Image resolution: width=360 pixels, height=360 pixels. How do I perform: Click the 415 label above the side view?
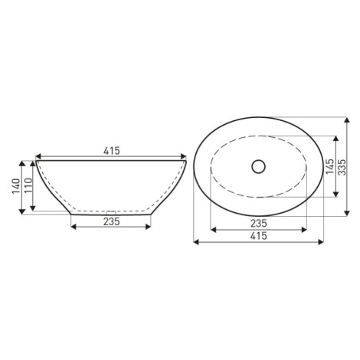coord(112,151)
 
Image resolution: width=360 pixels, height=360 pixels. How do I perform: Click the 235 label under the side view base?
coord(112,221)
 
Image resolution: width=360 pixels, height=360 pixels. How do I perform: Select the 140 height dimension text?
coord(16,186)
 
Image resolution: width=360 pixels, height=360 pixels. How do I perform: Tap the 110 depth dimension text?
coord(28,185)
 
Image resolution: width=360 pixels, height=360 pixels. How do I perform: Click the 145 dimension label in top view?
coord(330,166)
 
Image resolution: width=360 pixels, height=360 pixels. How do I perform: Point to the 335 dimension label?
coord(342,167)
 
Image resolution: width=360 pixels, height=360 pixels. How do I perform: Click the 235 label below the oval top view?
coord(258,224)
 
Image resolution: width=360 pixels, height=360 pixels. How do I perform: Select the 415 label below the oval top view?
coord(258,236)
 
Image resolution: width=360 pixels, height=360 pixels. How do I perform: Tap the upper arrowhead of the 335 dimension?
coord(347,119)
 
